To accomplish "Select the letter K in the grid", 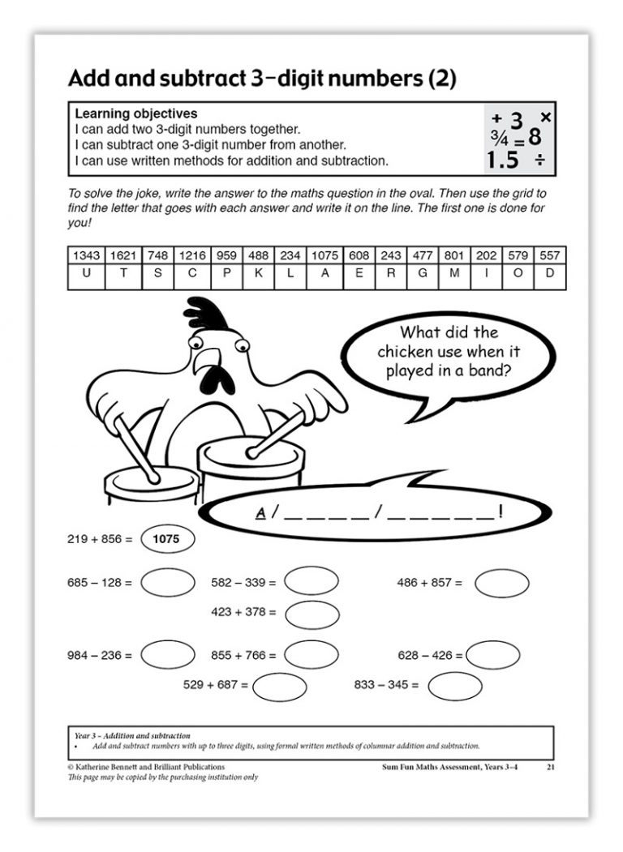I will (x=258, y=274).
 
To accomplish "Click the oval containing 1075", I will (x=167, y=538).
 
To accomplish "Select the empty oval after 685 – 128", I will (x=167, y=583).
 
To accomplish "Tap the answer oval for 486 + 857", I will (x=501, y=583).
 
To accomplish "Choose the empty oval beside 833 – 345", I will (x=454, y=686).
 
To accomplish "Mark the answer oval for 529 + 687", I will (x=279, y=686).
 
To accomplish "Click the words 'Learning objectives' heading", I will (x=135, y=114).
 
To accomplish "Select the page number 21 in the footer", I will (x=551, y=766).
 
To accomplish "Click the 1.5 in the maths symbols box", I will (x=503, y=160).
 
